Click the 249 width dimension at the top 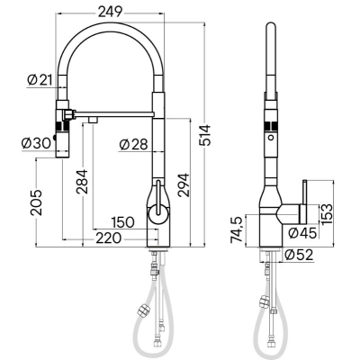(110, 12)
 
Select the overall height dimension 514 (205, 135)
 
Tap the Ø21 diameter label (40, 80)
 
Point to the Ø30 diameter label (37, 144)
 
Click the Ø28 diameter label (134, 145)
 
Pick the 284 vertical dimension (82, 182)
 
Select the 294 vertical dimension (184, 184)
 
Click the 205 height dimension (36, 202)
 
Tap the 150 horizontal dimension (122, 222)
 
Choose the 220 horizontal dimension (109, 238)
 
